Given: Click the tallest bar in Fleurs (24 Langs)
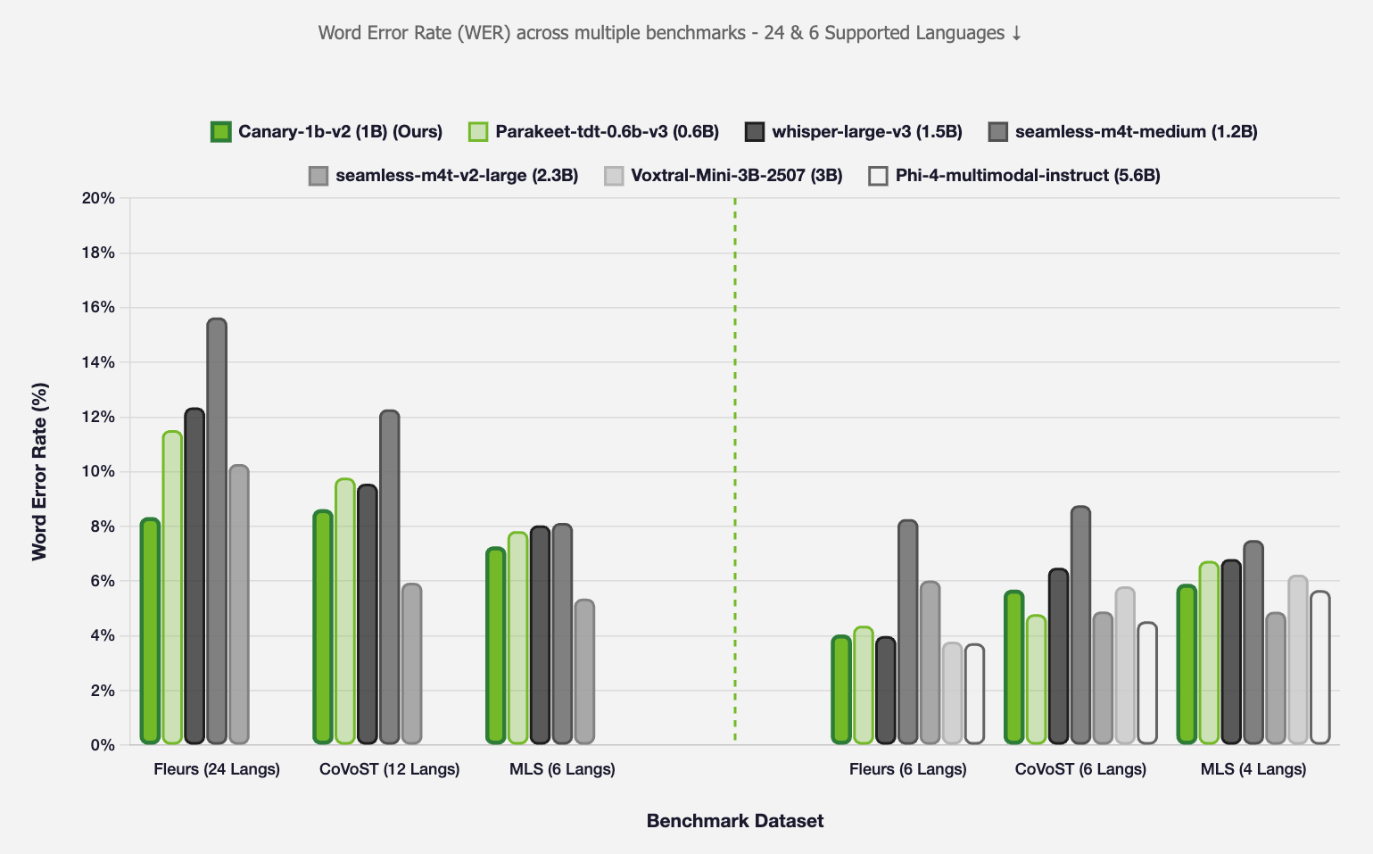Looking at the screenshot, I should point(217,531).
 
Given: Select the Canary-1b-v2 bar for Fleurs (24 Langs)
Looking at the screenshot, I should point(150,631).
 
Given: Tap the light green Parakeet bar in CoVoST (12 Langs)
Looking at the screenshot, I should point(345,611).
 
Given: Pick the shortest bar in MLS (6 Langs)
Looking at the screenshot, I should point(584,672).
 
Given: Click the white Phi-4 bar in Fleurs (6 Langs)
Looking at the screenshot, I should point(974,694).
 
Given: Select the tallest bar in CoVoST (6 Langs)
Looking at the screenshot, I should point(1080,625).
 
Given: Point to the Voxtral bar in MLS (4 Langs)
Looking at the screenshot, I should point(1298,660).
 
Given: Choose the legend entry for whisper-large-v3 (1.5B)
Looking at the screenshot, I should point(866,132).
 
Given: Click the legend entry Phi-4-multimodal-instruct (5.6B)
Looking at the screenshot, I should point(1027,176).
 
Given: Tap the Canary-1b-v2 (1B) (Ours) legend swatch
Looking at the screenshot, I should point(221,132).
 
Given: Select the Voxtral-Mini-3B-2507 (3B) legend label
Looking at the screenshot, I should point(736,176).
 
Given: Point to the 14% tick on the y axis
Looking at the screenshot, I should point(98,362).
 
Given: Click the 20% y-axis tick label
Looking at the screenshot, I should point(98,198).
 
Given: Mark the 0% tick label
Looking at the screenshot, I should point(102,745).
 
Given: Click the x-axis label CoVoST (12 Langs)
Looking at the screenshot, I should point(389,769).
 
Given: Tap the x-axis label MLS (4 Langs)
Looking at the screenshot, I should point(1253,769).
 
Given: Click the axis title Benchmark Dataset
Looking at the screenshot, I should point(734,821).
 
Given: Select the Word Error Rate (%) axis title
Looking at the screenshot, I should point(39,471).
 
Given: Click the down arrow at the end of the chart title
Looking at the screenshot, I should point(1015,34).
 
